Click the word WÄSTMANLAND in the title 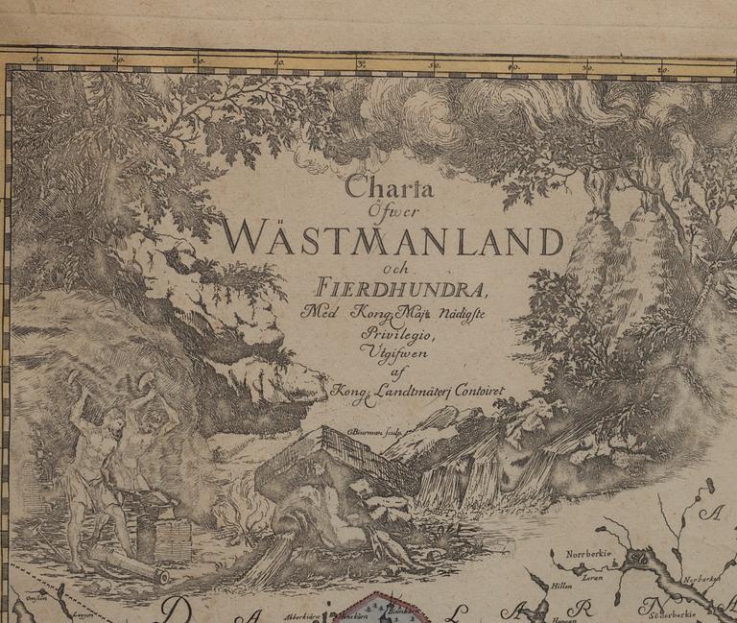tap(392, 236)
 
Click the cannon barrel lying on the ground tap(129, 565)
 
